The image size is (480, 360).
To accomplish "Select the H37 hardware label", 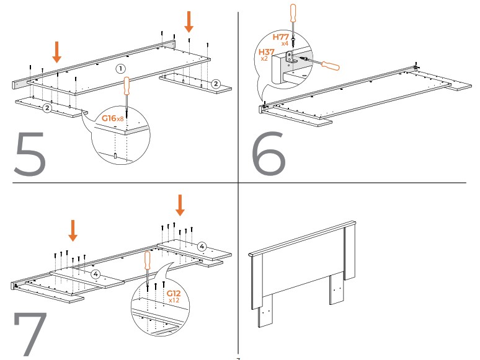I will pyautogui.click(x=267, y=54).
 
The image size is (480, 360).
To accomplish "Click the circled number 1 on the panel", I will pyautogui.click(x=121, y=68).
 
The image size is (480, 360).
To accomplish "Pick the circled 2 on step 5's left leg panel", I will pyautogui.click(x=47, y=108).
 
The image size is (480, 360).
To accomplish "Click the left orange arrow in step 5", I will pyautogui.click(x=56, y=52).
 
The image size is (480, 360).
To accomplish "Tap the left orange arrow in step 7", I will pyautogui.click(x=73, y=230).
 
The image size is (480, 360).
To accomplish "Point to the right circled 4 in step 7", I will pyautogui.click(x=202, y=247).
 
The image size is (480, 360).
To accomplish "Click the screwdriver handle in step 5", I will pyautogui.click(x=127, y=86).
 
